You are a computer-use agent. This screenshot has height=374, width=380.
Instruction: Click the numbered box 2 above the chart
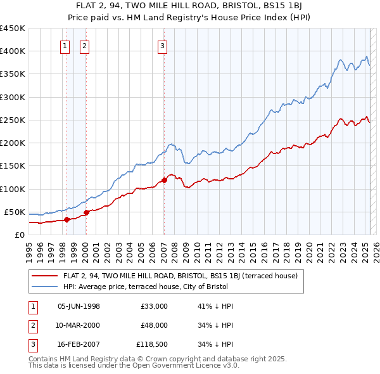pyautogui.click(x=85, y=45)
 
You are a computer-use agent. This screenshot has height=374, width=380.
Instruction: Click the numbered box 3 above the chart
pyautogui.click(x=162, y=45)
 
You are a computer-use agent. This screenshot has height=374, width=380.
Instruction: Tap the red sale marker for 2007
pyautogui.click(x=164, y=180)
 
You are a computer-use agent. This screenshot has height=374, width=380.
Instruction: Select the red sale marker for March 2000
pyautogui.click(x=86, y=212)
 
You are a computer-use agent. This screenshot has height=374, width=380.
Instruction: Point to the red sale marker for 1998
pyautogui.click(x=66, y=219)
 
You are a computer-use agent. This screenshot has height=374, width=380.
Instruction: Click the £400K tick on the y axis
pyautogui.click(x=12, y=51)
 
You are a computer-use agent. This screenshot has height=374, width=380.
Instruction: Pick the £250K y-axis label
pyautogui.click(x=12, y=120)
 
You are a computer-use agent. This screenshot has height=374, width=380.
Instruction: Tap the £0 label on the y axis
pyautogui.click(x=19, y=235)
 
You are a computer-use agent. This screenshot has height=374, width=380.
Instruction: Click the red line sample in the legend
pyautogui.click(x=44, y=276)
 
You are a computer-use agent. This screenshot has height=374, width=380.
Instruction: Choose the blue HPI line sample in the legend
pyautogui.click(x=44, y=286)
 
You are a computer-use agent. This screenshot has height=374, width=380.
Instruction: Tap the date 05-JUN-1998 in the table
pyautogui.click(x=79, y=306)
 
